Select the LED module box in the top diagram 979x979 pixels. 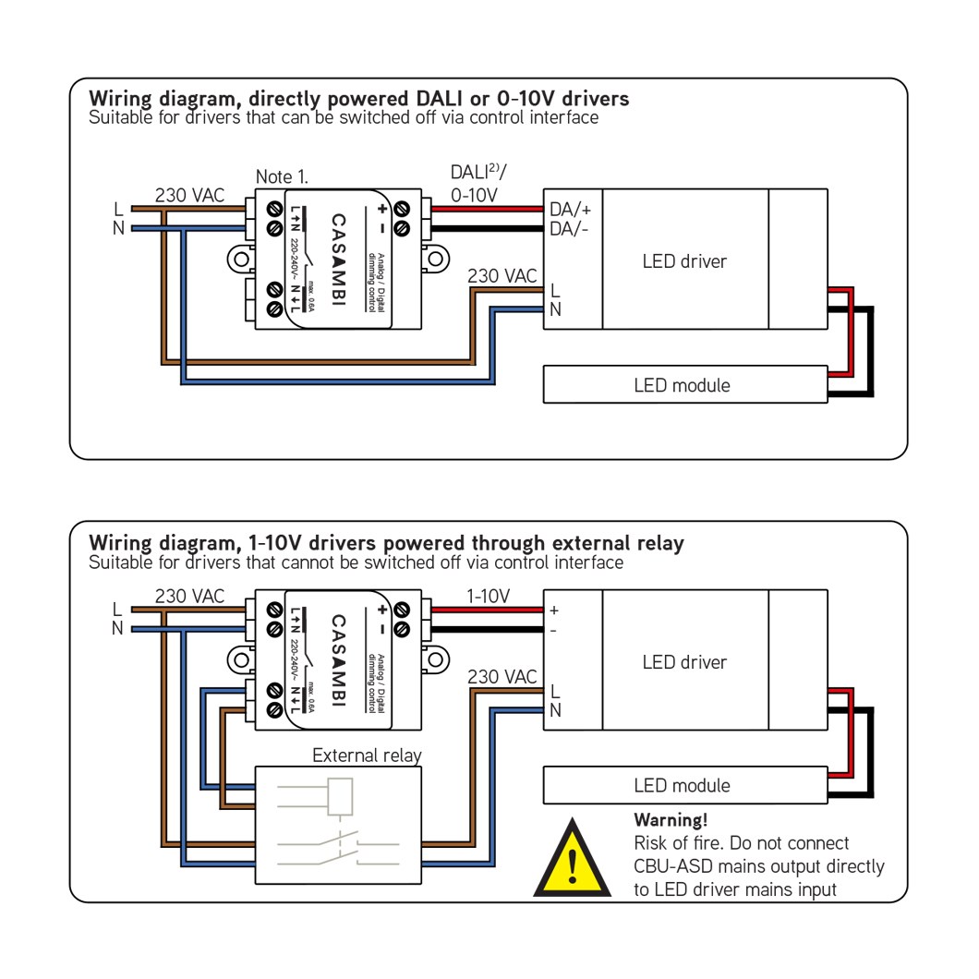click(x=684, y=384)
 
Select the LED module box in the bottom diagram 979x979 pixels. click(x=684, y=785)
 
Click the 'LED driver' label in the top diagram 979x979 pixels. click(x=684, y=261)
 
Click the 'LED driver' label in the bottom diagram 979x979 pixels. click(x=684, y=662)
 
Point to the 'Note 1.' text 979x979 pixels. click(x=282, y=175)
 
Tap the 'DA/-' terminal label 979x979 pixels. click(x=570, y=228)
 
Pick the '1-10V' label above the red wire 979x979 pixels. click(x=487, y=597)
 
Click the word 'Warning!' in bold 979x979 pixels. click(x=671, y=820)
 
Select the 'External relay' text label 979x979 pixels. click(x=367, y=755)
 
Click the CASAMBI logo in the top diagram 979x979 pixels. click(x=339, y=260)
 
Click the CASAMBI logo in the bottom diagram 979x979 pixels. click(x=339, y=661)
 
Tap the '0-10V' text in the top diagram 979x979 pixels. click(x=474, y=195)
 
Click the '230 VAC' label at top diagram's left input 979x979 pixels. click(x=189, y=195)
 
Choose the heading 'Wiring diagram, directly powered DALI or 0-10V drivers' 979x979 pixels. click(x=358, y=99)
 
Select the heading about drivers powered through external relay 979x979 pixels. click(x=386, y=543)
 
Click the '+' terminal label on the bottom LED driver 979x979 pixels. click(x=554, y=610)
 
